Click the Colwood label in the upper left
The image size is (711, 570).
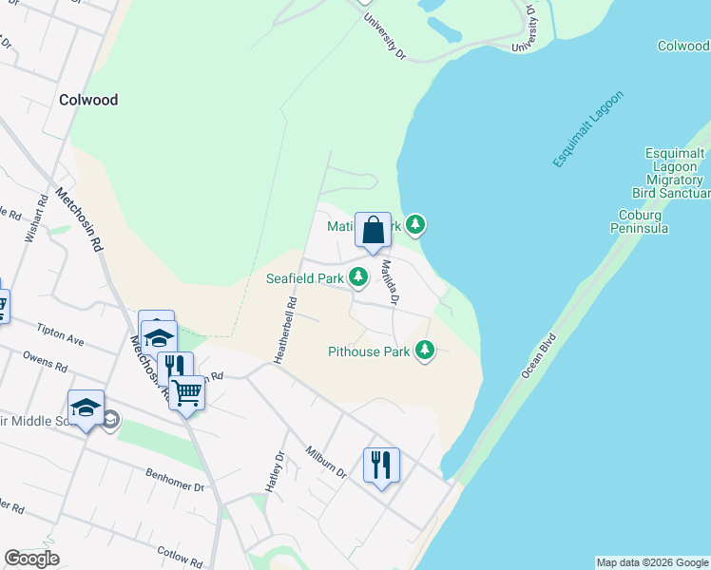pyautogui.click(x=88, y=100)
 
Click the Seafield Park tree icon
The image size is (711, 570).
pyautogui.click(x=358, y=277)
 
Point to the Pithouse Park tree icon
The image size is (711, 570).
pyautogui.click(x=424, y=351)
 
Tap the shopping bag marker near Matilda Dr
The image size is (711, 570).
pyautogui.click(x=373, y=230)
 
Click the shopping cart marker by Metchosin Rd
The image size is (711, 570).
pyautogui.click(x=187, y=390)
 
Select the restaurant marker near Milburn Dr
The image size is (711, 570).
pyautogui.click(x=381, y=465)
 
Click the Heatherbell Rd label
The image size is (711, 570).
pyautogui.click(x=282, y=330)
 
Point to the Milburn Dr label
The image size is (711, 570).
pyautogui.click(x=326, y=462)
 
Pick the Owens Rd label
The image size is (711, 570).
pyautogui.click(x=45, y=362)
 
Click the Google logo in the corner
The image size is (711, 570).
pyautogui.click(x=31, y=559)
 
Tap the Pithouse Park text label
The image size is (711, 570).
pyautogui.click(x=369, y=351)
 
